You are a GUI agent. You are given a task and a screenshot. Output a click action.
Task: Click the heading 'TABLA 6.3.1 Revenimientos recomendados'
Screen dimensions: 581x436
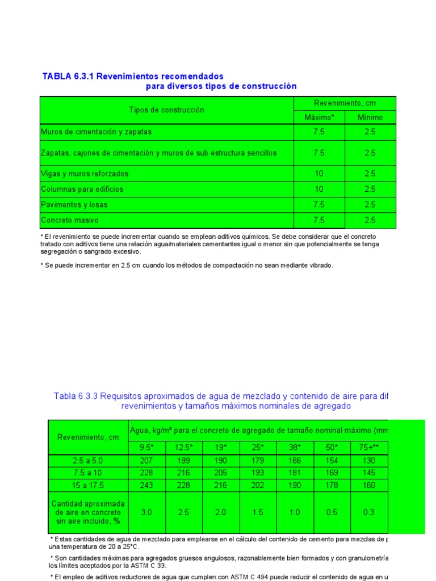133,76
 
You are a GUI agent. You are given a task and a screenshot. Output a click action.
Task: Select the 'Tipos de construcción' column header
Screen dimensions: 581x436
166,110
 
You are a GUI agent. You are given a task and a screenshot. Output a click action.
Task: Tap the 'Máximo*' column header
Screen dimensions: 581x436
320,117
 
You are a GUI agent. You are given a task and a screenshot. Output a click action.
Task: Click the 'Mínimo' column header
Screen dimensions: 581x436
370,117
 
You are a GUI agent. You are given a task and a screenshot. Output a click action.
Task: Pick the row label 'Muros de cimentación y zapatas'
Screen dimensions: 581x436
97,132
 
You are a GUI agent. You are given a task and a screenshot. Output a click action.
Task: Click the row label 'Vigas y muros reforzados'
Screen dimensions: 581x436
85,174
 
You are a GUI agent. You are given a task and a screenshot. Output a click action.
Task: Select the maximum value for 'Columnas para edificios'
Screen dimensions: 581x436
319,189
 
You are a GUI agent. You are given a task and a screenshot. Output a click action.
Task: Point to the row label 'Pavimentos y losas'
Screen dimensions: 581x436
74,204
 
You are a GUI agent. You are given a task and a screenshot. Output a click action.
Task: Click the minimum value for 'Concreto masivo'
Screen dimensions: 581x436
370,220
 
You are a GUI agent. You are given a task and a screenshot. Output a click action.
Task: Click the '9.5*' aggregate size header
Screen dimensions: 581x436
146,447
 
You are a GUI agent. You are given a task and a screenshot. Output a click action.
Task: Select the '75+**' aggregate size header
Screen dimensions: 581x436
369,447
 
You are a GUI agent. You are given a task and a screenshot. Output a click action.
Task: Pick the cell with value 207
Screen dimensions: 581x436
146,460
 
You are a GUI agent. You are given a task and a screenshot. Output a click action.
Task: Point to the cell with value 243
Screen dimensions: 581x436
146,485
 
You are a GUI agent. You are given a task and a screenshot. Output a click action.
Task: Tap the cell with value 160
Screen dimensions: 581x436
369,485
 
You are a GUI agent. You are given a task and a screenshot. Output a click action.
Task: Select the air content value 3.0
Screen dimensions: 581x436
146,512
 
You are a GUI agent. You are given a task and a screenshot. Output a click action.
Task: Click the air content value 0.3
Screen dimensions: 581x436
369,512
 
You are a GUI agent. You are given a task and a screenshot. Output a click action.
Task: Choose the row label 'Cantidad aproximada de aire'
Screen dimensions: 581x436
88,512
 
